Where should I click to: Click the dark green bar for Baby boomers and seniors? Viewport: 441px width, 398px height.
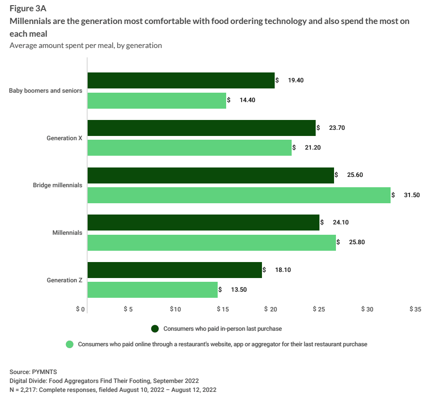pyautogui.click(x=181, y=80)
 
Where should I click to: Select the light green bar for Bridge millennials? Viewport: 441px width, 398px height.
pyautogui.click(x=239, y=195)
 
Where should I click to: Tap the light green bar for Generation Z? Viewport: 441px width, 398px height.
pyautogui.click(x=153, y=290)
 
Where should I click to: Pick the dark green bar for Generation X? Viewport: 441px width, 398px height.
pyautogui.click(x=202, y=128)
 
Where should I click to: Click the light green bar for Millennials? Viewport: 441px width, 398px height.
pyautogui.click(x=212, y=243)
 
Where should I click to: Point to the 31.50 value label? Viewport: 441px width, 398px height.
pyautogui.click(x=411, y=195)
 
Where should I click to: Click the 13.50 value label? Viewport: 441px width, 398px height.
pyautogui.click(x=238, y=290)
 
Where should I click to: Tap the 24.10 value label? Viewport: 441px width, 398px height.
pyautogui.click(x=340, y=223)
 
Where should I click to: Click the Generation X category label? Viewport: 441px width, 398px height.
pyautogui.click(x=64, y=138)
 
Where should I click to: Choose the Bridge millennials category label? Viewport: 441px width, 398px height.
pyautogui.click(x=57, y=185)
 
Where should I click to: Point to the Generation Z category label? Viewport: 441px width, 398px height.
pyautogui.click(x=64, y=280)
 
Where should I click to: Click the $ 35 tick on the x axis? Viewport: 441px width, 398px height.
pyautogui.click(x=415, y=310)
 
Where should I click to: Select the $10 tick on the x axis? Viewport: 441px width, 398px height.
pyautogui.click(x=175, y=310)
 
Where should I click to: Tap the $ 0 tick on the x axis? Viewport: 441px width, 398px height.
pyautogui.click(x=80, y=310)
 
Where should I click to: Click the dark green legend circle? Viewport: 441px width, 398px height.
pyautogui.click(x=155, y=328)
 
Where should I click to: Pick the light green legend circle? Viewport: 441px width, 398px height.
pyautogui.click(x=70, y=344)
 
